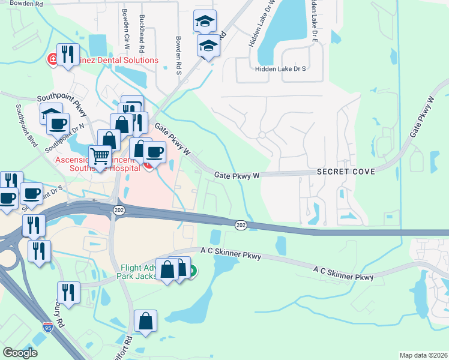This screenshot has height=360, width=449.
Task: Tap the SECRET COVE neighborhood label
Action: pos(346,172)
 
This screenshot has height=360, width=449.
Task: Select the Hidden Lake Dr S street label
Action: pos(280,69)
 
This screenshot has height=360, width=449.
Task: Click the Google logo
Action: pos(20,353)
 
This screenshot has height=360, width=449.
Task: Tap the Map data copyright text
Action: pos(423,355)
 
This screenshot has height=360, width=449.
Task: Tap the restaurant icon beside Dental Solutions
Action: pos(68,55)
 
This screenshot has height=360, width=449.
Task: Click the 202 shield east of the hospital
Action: pos(241,224)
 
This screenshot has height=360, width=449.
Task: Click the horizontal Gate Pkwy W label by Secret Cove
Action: pos(237,175)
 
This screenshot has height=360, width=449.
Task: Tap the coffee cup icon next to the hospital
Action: pos(154,152)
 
